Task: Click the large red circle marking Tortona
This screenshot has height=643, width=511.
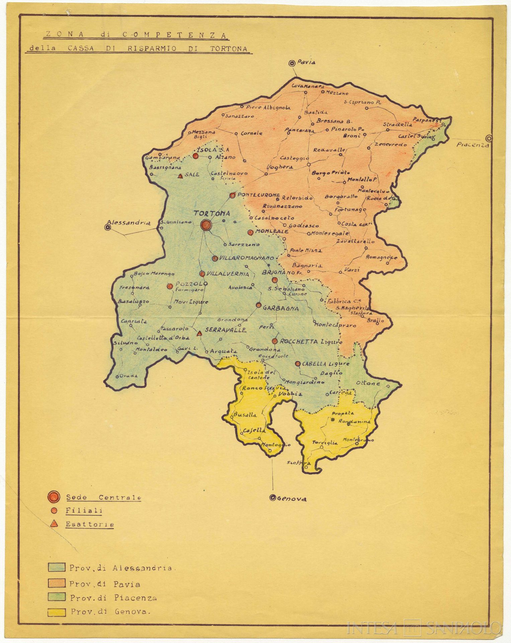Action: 205,225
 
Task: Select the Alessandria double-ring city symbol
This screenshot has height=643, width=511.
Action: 108,227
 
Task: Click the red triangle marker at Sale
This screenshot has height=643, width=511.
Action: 180,175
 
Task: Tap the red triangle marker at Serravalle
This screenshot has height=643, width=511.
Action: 199,334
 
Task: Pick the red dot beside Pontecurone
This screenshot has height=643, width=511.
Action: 232,195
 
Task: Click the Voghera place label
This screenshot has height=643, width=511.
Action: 280,167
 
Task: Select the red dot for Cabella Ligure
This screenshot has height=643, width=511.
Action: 297,364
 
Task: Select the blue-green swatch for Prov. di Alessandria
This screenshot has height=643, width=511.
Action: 56,567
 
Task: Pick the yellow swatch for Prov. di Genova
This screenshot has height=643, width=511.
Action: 56,611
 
